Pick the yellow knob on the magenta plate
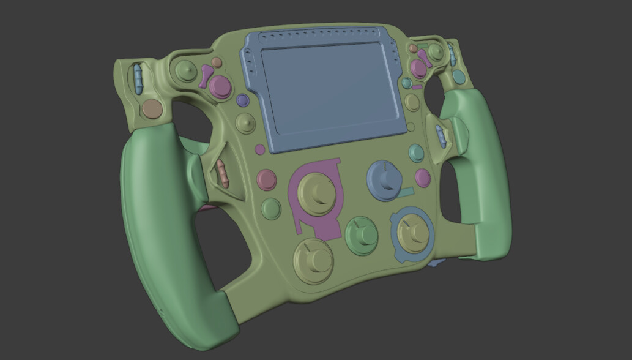pyautogui.click(x=317, y=193)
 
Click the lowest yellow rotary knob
pyautogui.click(x=313, y=260)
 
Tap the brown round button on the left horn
pyautogui.click(x=152, y=110)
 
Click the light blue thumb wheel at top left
pyautogui.click(x=138, y=79)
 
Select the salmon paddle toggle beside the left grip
pyautogui.click(x=223, y=173)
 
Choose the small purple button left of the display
pyautogui.click(x=242, y=100)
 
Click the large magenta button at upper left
pyautogui.click(x=220, y=86)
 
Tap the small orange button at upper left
pyautogui.click(x=217, y=62)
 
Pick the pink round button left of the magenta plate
pyautogui.click(x=267, y=179)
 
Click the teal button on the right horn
pyautogui.click(x=458, y=77)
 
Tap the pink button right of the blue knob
pyautogui.click(x=423, y=178)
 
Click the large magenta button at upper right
pyautogui.click(x=419, y=69)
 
